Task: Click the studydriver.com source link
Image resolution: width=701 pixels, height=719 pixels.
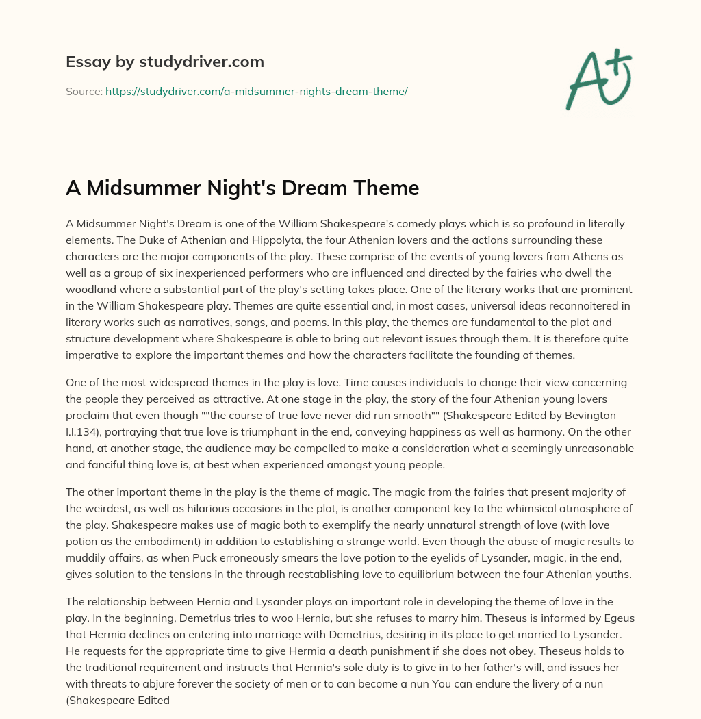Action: (256, 91)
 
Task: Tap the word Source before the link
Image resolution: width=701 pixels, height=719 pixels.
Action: (84, 91)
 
